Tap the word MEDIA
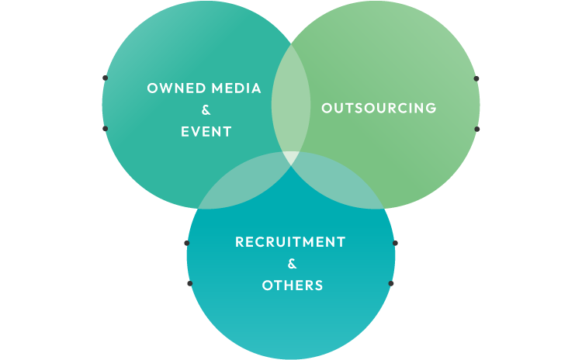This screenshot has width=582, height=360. click(234, 88)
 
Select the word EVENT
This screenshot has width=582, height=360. click(206, 131)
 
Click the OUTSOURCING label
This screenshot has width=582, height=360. click(379, 108)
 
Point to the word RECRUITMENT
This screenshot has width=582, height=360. click(290, 242)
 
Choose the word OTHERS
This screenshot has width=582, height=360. click(292, 286)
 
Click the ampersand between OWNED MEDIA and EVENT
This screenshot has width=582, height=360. click(206, 109)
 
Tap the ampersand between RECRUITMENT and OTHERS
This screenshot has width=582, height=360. click(292, 264)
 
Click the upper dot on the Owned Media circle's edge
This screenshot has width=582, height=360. click(105, 78)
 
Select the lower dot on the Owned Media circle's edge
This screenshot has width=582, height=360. click(105, 128)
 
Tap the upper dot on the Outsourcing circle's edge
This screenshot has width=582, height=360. click(476, 78)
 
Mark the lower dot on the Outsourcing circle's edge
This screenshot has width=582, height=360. click(476, 128)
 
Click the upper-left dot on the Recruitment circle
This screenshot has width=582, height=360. click(187, 243)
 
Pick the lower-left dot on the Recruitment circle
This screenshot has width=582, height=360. click(189, 283)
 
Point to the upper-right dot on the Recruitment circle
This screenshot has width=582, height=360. click(395, 243)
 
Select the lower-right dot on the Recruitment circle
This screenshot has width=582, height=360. click(391, 283)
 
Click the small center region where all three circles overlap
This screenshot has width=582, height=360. click(291, 157)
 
